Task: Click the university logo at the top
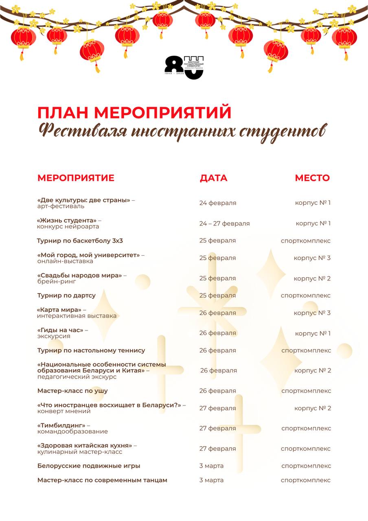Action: coord(184,67)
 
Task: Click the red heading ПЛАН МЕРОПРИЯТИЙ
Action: coord(134,113)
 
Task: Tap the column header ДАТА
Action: coord(213,178)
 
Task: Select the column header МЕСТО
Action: coord(312,178)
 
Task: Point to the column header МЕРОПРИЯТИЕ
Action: coord(76,178)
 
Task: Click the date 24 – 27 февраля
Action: coord(224,223)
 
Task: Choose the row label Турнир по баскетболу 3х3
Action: coord(80,241)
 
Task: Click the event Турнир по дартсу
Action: coord(66,296)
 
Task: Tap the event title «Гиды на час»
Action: coord(60,330)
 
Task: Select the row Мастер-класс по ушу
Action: coord(72,391)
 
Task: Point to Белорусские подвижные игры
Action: coord(89,466)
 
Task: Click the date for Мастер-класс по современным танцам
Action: coord(211,480)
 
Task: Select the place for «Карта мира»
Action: coord(312,313)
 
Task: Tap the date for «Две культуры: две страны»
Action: coord(217,203)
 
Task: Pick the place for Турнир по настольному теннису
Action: coord(306,350)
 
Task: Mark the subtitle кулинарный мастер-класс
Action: coord(80,452)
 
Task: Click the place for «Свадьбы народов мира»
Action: coord(312,278)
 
